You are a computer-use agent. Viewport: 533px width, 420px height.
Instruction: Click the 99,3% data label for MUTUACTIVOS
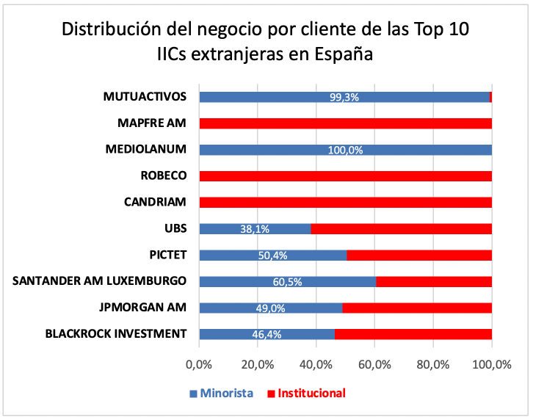click(344, 97)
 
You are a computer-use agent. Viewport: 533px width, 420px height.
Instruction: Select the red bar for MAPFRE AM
click(345, 123)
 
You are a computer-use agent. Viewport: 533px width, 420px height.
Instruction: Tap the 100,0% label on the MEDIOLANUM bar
click(344, 150)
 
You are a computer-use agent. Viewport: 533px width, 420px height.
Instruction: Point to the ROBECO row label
click(163, 175)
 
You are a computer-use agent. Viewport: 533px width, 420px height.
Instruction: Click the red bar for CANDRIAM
click(345, 202)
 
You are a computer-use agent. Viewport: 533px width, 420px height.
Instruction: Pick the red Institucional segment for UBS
click(401, 228)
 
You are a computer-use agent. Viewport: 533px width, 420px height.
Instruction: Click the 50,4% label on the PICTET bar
click(272, 255)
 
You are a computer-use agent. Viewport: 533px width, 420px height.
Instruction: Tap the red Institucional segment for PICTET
click(418, 255)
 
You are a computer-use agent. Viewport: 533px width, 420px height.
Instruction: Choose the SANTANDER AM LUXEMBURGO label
click(100, 280)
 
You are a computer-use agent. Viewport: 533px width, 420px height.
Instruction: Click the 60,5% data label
click(287, 281)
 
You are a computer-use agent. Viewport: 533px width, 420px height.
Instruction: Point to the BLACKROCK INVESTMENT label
click(115, 333)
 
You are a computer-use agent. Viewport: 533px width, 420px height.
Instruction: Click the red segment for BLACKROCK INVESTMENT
click(413, 334)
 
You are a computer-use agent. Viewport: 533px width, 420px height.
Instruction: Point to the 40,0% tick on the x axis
click(316, 363)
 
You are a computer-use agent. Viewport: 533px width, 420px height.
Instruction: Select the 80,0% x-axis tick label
click(432, 363)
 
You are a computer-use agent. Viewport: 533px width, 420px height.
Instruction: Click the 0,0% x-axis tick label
click(199, 363)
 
